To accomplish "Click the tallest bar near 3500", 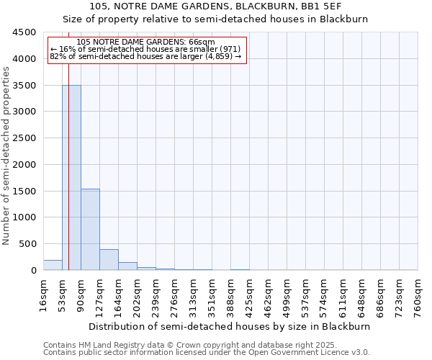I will pyautogui.click(x=71, y=177).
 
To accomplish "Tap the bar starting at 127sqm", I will pyautogui.click(x=109, y=259).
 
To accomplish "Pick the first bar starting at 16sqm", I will pyautogui.click(x=53, y=265).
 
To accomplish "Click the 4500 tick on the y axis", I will pyautogui.click(x=24, y=32).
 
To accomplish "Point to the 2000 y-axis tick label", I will pyautogui.click(x=24, y=164).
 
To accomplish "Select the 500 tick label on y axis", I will pyautogui.click(x=27, y=244).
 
